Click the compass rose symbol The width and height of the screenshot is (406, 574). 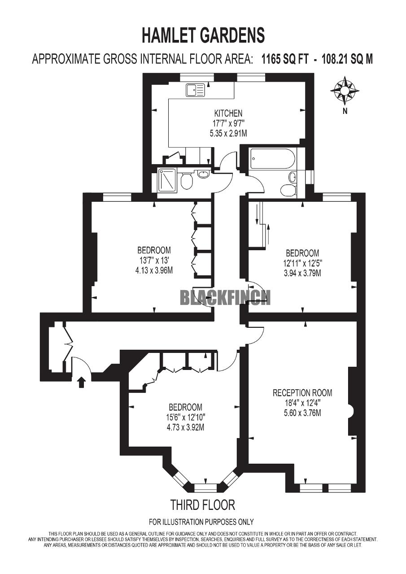(345, 91)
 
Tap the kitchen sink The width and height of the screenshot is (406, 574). (196, 90)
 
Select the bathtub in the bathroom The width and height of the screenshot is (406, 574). (273, 159)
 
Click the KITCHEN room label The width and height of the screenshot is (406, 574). (228, 113)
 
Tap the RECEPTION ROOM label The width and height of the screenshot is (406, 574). (302, 393)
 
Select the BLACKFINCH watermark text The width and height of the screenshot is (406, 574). (225, 297)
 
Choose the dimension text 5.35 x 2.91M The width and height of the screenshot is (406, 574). (228, 133)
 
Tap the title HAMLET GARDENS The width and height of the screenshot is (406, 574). (203, 35)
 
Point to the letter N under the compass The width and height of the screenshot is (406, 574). (345, 111)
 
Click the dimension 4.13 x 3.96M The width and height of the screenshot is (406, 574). (154, 270)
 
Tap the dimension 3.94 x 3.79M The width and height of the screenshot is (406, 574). (302, 274)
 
